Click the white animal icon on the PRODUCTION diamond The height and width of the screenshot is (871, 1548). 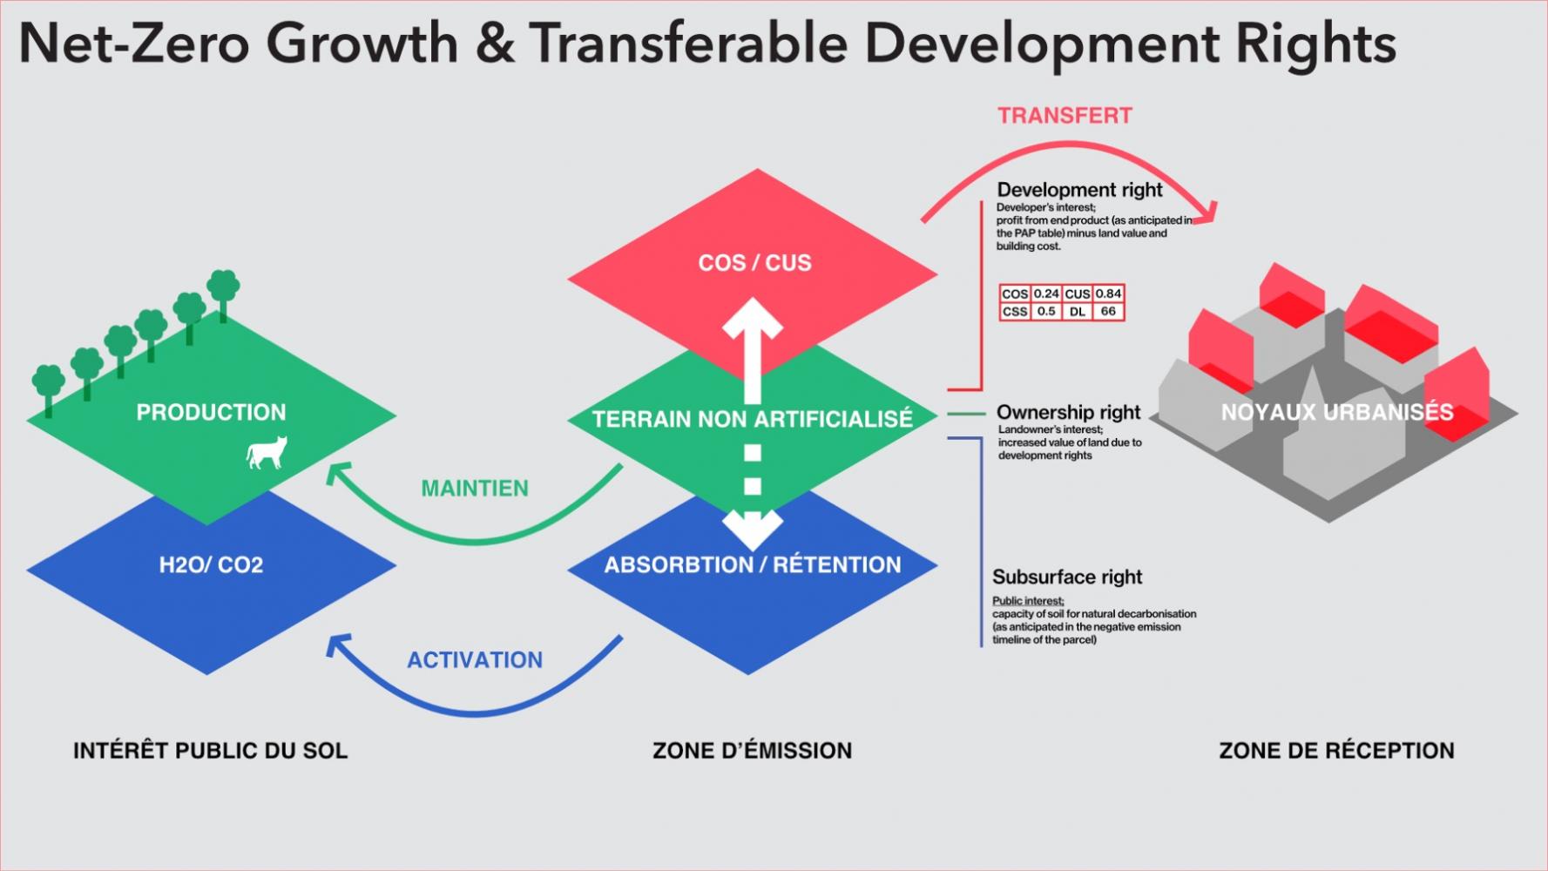267,453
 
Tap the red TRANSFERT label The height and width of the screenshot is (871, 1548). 1065,116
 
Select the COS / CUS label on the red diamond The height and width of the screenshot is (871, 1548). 754,263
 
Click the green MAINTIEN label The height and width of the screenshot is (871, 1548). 475,489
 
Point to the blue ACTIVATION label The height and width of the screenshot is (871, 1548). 475,660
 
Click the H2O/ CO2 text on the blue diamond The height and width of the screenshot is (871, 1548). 211,565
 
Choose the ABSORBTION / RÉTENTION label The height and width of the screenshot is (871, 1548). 753,565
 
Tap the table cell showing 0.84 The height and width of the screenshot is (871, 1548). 1108,294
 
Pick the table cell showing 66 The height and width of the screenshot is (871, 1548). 1108,311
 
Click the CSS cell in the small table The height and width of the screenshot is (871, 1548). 1015,311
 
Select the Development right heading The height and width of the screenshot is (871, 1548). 1079,190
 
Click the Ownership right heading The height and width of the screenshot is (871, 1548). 1068,412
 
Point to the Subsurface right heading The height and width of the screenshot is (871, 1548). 1067,577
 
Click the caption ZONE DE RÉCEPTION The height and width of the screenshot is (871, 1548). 1336,751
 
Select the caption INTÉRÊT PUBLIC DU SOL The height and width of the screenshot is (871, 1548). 210,751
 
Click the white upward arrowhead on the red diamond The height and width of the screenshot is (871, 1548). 753,318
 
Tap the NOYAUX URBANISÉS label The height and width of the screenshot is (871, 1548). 1337,412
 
